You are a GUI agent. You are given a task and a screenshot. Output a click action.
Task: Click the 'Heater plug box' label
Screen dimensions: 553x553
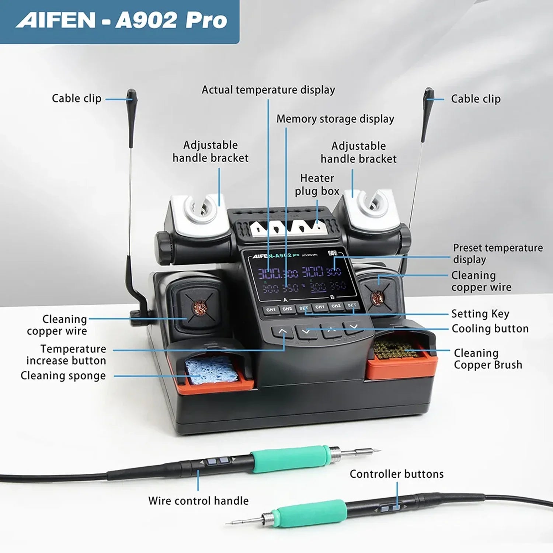coord(317,185)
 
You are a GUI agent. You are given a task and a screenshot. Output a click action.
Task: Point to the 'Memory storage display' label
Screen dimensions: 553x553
coord(335,119)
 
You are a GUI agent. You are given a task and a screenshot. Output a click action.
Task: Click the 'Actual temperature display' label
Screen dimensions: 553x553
coord(268,90)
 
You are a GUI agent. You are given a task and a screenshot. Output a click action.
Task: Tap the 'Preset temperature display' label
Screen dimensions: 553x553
coord(497,253)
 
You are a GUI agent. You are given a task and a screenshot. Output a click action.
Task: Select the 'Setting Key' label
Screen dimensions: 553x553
coord(480,314)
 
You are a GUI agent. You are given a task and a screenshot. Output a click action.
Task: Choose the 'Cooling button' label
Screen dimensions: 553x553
coord(490,328)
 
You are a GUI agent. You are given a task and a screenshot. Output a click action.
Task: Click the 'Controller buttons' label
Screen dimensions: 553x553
coord(396,474)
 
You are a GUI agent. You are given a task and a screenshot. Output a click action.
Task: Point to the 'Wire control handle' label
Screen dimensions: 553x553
coord(198,501)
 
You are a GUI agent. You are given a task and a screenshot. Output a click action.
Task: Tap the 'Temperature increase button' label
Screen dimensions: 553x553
coord(66,354)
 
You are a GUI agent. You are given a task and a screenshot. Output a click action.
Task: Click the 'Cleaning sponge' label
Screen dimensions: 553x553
coord(63,376)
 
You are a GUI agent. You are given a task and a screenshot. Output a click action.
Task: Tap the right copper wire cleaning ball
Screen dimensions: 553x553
coord(377,296)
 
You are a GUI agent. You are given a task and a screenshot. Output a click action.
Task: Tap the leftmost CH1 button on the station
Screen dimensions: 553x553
coord(271,310)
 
